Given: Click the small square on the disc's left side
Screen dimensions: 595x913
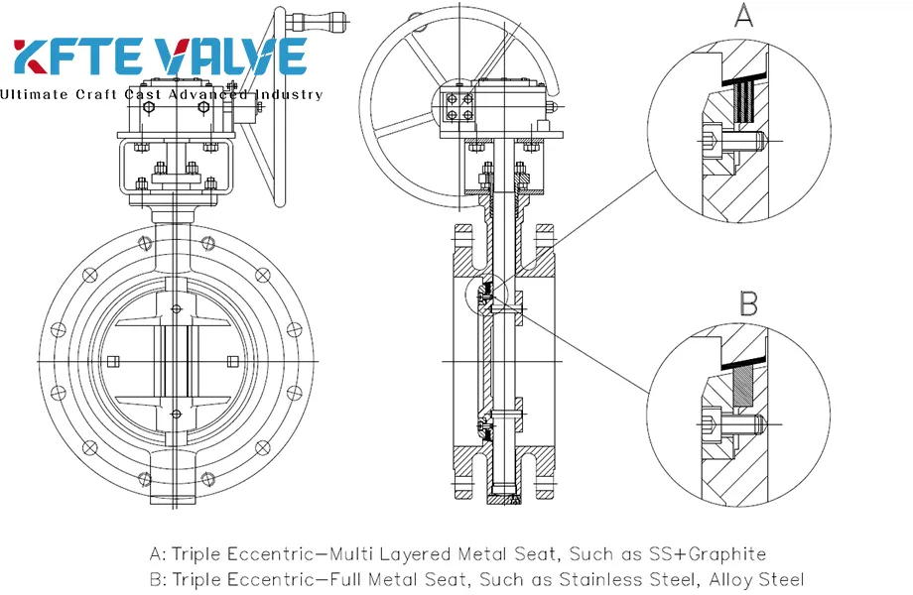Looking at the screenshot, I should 113,361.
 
